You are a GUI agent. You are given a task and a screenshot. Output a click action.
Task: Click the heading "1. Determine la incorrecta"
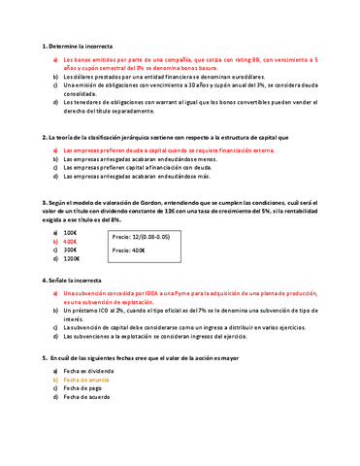click(78, 46)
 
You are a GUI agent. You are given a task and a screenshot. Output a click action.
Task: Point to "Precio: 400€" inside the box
click(128, 250)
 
